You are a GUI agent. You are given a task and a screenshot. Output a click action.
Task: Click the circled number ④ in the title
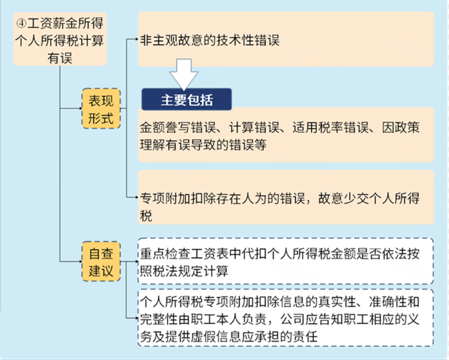click(21, 23)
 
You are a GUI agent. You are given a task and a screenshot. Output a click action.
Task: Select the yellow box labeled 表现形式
click(101, 108)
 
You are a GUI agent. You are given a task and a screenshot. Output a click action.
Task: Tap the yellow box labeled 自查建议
click(101, 261)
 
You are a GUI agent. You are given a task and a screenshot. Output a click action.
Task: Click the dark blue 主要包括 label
click(186, 100)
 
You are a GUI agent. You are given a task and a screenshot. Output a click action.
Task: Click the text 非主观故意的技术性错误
click(209, 40)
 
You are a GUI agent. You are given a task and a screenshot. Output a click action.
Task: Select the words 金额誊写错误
click(178, 127)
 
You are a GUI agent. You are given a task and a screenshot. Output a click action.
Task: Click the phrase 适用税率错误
click(330, 127)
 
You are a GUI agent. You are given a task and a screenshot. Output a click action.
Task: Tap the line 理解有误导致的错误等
click(203, 145)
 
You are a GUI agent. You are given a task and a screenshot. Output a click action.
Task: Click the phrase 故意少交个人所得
click(369, 198)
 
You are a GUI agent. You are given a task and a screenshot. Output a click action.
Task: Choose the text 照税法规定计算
click(184, 271)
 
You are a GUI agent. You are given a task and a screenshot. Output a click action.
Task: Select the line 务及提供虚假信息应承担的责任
click(228, 337)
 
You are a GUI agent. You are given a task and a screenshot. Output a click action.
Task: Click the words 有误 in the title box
click(60, 58)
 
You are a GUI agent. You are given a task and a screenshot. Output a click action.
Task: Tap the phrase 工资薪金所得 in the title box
click(65, 23)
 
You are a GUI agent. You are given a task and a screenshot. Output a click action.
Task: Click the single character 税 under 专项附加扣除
click(146, 215)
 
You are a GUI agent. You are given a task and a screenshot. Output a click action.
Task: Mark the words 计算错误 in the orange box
click(254, 127)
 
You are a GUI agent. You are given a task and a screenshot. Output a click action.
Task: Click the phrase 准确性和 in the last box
click(394, 301)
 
